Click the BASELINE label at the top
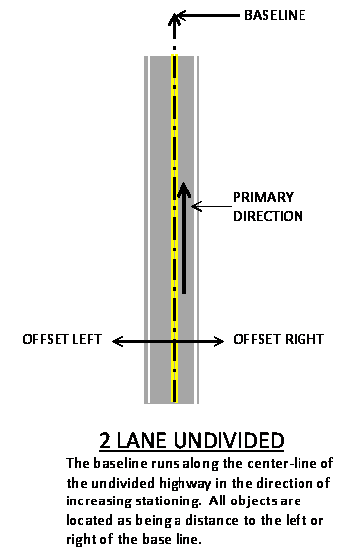point(275,16)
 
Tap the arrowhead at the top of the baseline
point(174,18)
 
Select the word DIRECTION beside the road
point(269,215)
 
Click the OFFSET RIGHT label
point(279,340)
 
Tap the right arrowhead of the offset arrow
point(222,341)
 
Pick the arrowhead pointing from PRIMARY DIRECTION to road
point(195,206)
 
